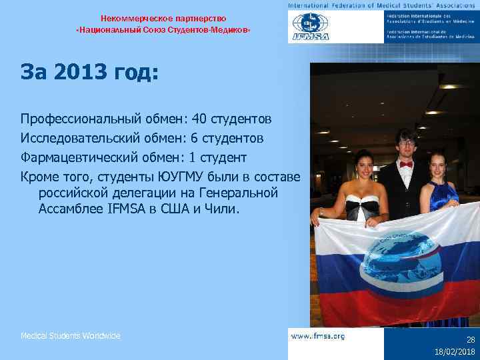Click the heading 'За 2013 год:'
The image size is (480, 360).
click(x=89, y=72)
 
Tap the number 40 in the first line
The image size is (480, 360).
click(x=199, y=119)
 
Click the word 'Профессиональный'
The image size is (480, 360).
click(x=78, y=119)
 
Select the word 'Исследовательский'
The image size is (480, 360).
click(x=78, y=139)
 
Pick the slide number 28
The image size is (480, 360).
click(x=471, y=340)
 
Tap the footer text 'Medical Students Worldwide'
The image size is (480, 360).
click(x=71, y=336)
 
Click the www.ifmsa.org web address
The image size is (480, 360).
click(x=319, y=337)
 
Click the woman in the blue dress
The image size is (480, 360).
click(x=443, y=183)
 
